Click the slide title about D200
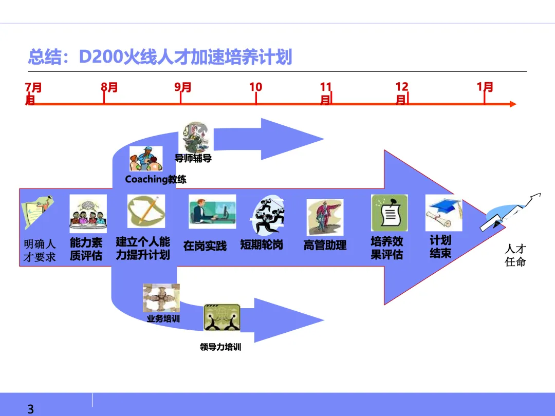[160, 56]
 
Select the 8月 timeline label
[109, 87]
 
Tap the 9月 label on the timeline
[183, 87]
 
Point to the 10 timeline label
[255, 87]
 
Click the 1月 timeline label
[485, 87]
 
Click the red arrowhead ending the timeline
[512, 104]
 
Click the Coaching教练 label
[156, 179]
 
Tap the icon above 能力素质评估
[88, 214]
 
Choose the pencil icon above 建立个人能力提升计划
[146, 211]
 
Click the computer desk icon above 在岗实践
[212, 211]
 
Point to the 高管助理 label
[325, 245]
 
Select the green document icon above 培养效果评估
[389, 213]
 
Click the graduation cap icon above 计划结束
[443, 213]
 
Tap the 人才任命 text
[515, 255]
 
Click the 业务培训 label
[163, 318]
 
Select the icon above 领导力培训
[221, 317]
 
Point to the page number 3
[30, 409]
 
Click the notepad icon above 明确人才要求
[37, 212]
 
